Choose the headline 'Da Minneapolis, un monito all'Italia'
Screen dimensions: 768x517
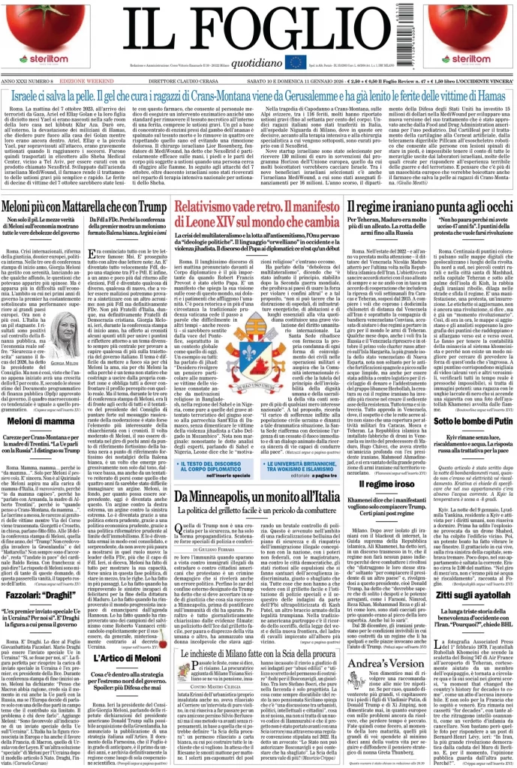pos(258,496)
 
